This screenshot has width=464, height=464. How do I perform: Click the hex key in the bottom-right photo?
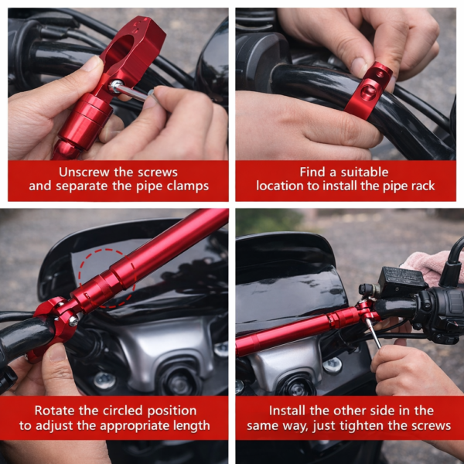[374, 333]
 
